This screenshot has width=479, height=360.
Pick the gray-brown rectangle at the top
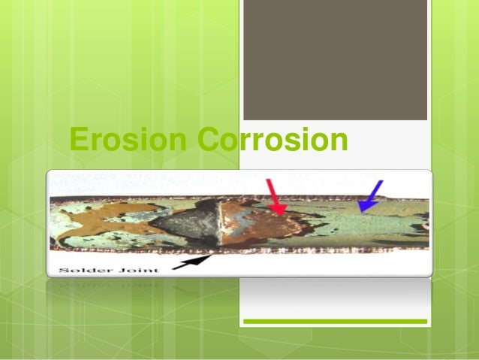tap(335, 60)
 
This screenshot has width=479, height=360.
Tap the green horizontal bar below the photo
tap(335, 322)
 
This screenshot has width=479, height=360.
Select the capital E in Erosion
tap(76, 141)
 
